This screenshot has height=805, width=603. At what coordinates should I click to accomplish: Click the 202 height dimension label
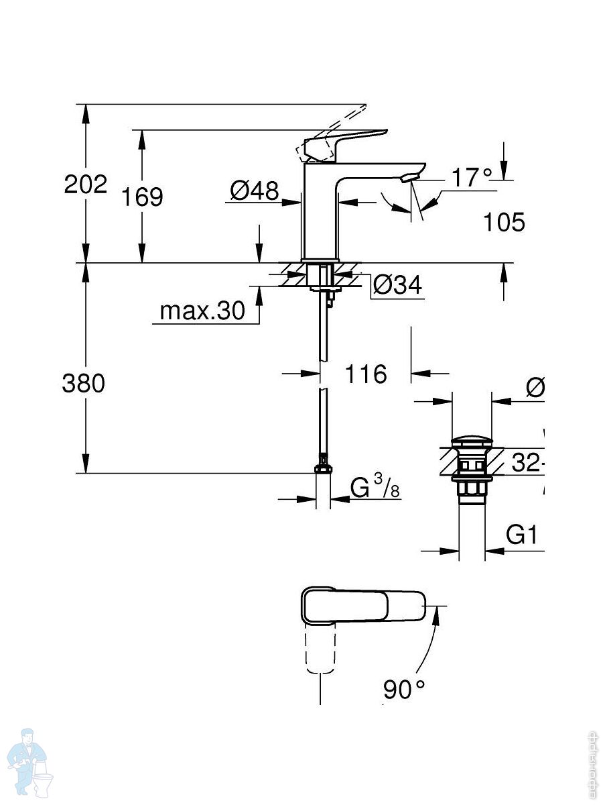coord(86,184)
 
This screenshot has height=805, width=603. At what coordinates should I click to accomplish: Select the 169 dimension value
coord(142,197)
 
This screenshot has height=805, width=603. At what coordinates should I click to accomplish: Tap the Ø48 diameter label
coord(254,191)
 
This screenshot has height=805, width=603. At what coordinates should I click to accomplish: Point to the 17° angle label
coord(471,178)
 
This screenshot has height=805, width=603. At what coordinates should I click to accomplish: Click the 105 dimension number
coord(505,222)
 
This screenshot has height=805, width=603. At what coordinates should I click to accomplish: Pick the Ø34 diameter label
coord(397,286)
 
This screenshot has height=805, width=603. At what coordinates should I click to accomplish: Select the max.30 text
coord(203,311)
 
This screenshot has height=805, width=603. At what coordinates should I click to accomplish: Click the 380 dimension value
coord(84,384)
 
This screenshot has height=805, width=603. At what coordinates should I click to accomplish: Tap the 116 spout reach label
coord(366,374)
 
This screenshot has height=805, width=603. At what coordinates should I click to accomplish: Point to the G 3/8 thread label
coord(375,488)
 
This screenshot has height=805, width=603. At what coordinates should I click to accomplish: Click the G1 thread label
coord(521,535)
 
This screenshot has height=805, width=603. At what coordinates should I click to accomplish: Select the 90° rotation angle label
coord(404,689)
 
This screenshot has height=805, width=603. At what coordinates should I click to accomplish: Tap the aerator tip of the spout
coord(409,178)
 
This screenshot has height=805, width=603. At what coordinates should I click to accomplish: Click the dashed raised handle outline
coord(335,127)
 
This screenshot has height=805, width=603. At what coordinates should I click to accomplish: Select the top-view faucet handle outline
coord(362,605)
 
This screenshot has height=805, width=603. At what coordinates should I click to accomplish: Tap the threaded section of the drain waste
coord(472,488)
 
